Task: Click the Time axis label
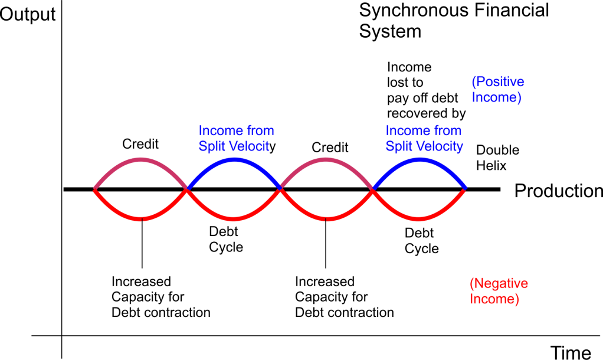(x=571, y=352)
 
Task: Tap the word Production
(x=558, y=191)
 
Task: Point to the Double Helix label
(x=497, y=158)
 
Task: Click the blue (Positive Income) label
(x=497, y=89)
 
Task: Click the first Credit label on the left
(x=140, y=144)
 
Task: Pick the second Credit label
(x=330, y=147)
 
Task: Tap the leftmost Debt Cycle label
(x=226, y=240)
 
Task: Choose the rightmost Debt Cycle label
(x=421, y=241)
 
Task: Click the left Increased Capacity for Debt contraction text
(x=160, y=297)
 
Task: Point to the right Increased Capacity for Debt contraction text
(x=344, y=297)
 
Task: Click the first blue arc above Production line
(x=234, y=160)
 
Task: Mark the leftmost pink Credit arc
(x=140, y=160)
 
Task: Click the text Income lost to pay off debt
(x=426, y=89)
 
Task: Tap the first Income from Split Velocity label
(x=237, y=138)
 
